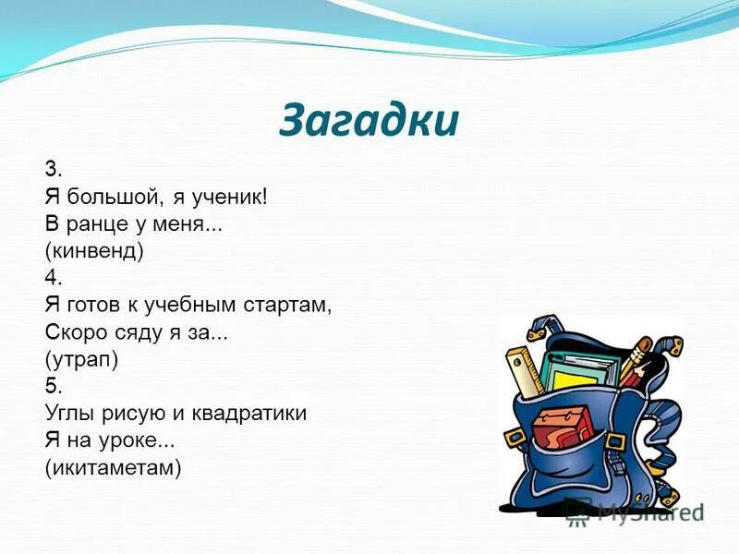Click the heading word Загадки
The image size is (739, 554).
coord(369,120)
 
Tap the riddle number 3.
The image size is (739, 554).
coord(53,169)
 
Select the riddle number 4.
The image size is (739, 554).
coord(53,276)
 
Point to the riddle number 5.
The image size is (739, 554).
coord(53,383)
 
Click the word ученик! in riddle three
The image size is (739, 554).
coord(230,196)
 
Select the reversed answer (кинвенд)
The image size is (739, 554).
coord(94,249)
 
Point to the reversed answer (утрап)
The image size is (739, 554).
coord(81,356)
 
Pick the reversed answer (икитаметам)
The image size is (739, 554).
coord(113,467)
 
